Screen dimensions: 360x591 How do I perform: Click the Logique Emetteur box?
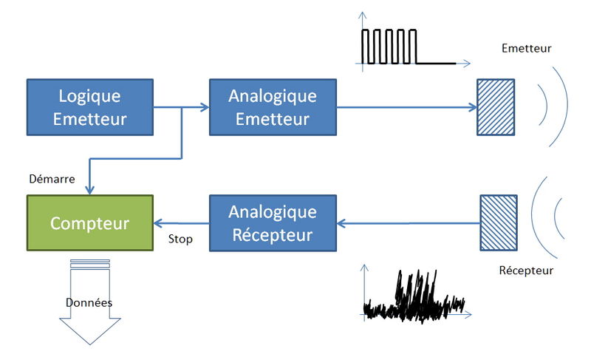pyautogui.click(x=90, y=108)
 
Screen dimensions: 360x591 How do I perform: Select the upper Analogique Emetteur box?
pyautogui.click(x=273, y=108)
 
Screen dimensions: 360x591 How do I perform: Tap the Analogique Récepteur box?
pyautogui.click(x=273, y=223)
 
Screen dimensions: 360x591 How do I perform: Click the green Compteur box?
pyautogui.click(x=90, y=223)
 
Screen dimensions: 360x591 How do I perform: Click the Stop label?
pyautogui.click(x=180, y=239)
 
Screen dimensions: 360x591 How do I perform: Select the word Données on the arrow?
pyautogui.click(x=89, y=302)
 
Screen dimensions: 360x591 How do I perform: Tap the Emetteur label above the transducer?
pyautogui.click(x=526, y=49)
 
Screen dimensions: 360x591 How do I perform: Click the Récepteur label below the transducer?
pyautogui.click(x=526, y=271)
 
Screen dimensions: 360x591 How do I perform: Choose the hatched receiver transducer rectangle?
pyautogui.click(x=492, y=223)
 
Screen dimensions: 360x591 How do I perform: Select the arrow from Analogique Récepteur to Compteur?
pyautogui.click(x=182, y=223)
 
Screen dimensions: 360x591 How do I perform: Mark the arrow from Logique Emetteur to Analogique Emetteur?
pyautogui.click(x=194, y=108)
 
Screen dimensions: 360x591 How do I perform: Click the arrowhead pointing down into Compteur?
pyautogui.click(x=89, y=189)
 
